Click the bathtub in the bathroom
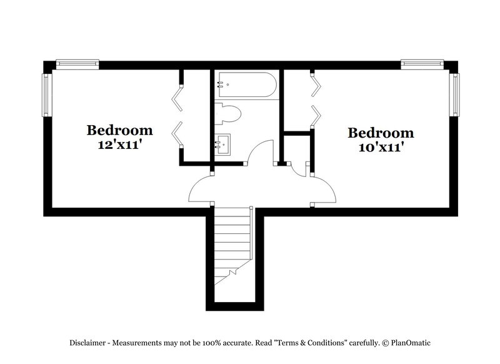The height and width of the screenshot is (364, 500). pos(246,85)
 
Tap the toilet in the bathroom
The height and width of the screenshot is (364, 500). pos(229,114)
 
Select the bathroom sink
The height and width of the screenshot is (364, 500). pos(222,144)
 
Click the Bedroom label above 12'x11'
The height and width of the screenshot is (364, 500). pos(119,130)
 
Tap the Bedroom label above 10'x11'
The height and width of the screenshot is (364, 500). pos(381,133)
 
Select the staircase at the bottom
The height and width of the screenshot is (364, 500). pos(232,247)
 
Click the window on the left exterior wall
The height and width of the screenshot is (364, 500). pos(46,94)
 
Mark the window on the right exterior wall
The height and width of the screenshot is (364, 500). pos(455,94)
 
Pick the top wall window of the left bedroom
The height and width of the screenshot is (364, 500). pos(77,63)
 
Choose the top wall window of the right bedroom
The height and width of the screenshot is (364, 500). pos(422,63)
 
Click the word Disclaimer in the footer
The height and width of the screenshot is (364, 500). pos(87,343)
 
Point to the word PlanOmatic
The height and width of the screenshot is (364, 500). pos(411,343)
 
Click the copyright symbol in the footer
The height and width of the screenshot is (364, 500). pos(386,343)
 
